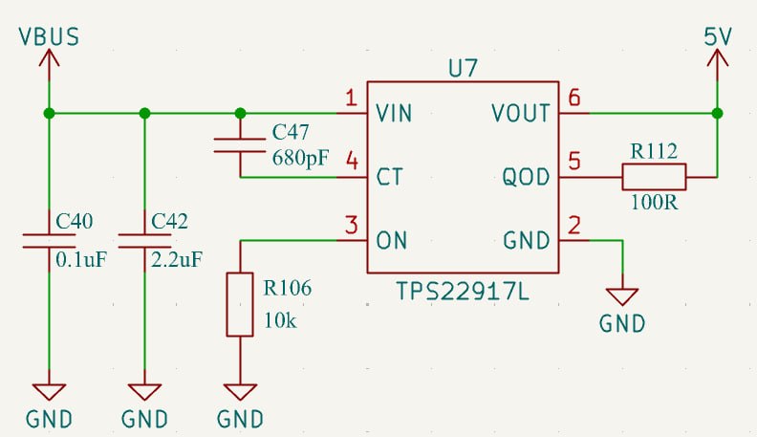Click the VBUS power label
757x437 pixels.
[49, 37]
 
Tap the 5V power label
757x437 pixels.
[718, 36]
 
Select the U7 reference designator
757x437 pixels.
[463, 69]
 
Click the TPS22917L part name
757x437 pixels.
[463, 292]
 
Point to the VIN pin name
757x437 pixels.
[394, 114]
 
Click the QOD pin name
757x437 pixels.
[526, 177]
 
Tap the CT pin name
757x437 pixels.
[389, 177]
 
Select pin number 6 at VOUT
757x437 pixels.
[574, 98]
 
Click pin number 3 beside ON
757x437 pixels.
[352, 226]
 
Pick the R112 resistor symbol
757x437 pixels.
[654, 177]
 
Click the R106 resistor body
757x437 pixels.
[240, 304]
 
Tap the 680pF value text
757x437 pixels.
[301, 158]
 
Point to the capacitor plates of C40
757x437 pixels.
[49, 241]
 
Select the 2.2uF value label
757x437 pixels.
[177, 260]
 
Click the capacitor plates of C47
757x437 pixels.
[240, 145]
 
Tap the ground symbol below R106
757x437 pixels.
[240, 392]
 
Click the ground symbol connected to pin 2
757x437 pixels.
[622, 296]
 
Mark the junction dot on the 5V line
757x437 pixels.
[718, 114]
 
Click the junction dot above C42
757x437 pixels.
[144, 114]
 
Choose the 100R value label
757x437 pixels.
[654, 203]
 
